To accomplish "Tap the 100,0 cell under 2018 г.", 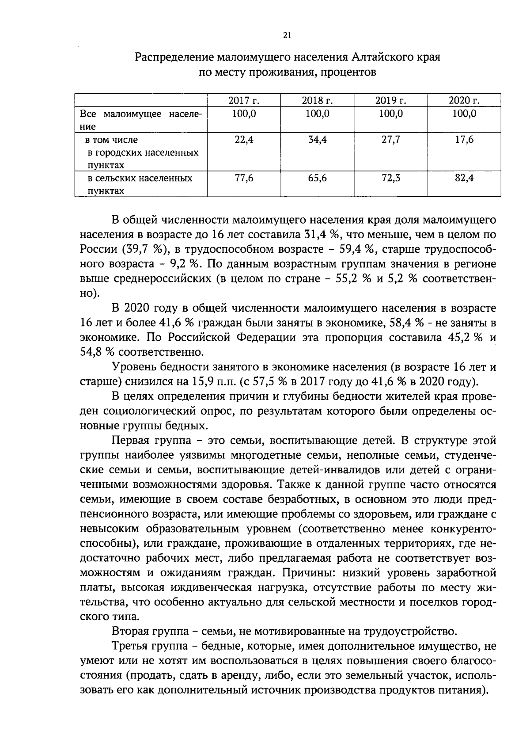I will point(317,114).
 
